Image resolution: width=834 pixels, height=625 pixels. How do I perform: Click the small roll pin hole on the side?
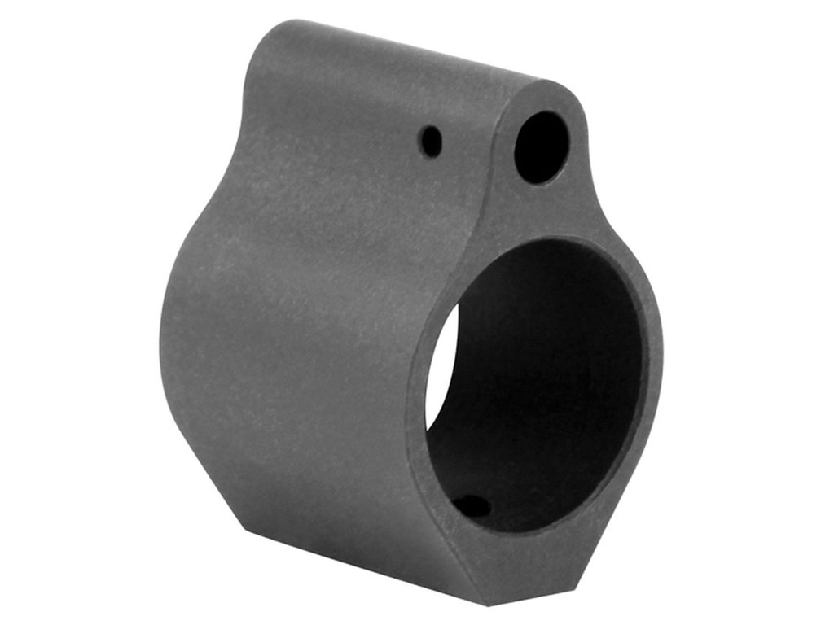point(432,142)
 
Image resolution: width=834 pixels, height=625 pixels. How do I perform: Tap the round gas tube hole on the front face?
point(542,146)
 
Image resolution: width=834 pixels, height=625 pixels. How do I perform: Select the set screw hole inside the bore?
point(473,506)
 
